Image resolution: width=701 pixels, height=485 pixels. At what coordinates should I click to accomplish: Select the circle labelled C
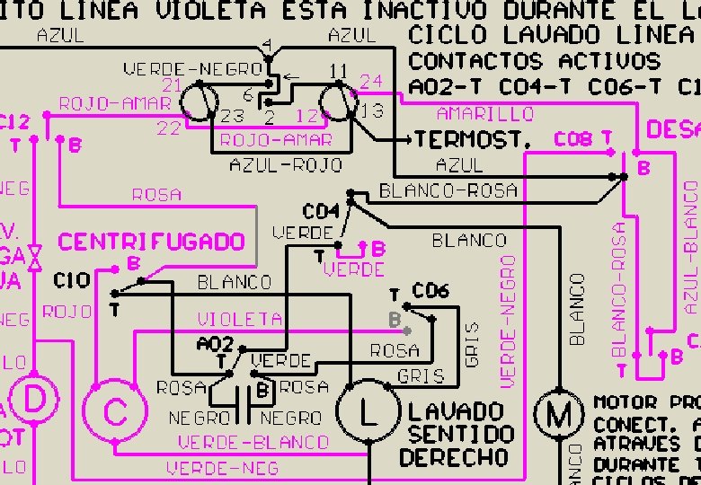pyautogui.click(x=114, y=412)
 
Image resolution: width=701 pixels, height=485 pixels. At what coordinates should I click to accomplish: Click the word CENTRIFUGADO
pyautogui.click(x=152, y=242)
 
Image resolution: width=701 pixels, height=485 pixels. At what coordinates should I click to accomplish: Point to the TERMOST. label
pyautogui.click(x=474, y=140)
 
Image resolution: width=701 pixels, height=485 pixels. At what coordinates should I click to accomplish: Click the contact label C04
pyautogui.click(x=321, y=212)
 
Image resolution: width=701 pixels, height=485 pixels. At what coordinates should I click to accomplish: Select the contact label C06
pyautogui.click(x=430, y=291)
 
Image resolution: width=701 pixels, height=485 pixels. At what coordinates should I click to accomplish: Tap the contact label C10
pyautogui.click(x=72, y=280)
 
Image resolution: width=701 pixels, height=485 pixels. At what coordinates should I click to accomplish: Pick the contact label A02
pyautogui.click(x=216, y=344)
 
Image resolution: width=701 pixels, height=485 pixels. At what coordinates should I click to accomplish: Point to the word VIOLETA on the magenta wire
pyautogui.click(x=240, y=319)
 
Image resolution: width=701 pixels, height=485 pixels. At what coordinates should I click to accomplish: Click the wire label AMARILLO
pyautogui.click(x=484, y=114)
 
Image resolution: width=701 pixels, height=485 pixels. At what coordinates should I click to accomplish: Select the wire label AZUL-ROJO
pyautogui.click(x=273, y=165)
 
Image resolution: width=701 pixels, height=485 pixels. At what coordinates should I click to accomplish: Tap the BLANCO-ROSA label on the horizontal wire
pyautogui.click(x=448, y=190)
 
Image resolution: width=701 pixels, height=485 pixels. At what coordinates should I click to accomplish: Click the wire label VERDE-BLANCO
pyautogui.click(x=253, y=443)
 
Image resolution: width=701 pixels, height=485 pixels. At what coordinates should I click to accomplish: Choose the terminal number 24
pyautogui.click(x=370, y=82)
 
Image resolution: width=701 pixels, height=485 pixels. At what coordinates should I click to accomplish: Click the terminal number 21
pyautogui.click(x=173, y=85)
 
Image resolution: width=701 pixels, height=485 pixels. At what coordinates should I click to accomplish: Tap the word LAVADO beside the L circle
pyautogui.click(x=456, y=412)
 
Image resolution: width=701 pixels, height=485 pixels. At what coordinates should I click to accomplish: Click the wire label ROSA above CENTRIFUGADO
pyautogui.click(x=156, y=194)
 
